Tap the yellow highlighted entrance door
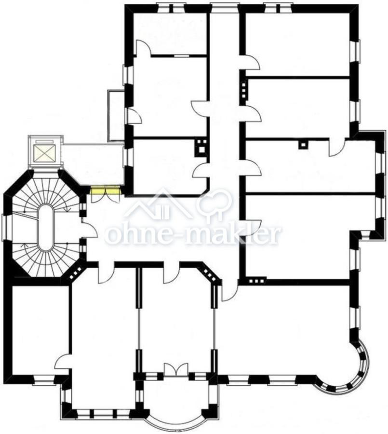tap(105, 190)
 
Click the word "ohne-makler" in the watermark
tap(193, 235)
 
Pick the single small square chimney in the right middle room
tap(303, 145)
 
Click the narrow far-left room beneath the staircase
tap(40, 330)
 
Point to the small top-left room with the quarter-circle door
tap(171, 33)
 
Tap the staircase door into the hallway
tap(89, 227)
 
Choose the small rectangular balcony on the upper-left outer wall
tap(116, 116)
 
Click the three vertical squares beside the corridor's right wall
tap(243, 90)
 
